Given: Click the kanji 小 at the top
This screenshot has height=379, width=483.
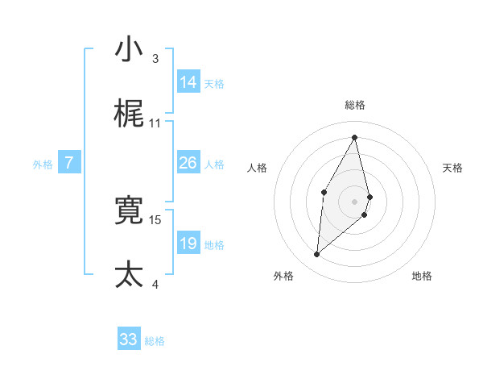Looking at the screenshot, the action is tap(129, 49).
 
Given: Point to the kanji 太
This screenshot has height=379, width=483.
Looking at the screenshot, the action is tap(129, 275).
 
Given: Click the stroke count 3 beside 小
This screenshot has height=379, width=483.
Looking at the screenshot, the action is tap(155, 59).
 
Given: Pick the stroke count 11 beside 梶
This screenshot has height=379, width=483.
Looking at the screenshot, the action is tap(155, 123).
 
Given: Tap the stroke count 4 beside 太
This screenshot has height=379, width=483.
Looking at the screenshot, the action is tap(155, 284).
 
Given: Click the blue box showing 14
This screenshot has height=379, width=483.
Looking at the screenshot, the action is tap(188, 82).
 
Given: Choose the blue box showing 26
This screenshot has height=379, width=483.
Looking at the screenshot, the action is tap(188, 163).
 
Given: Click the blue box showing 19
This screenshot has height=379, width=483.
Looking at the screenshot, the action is tap(188, 244).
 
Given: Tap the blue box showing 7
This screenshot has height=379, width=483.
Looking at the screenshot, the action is tap(69, 163).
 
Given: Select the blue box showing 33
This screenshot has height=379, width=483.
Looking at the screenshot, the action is tap(129, 339).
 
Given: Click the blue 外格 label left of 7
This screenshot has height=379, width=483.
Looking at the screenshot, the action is tap(43, 165).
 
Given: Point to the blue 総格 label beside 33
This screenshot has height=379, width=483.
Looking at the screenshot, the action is tap(155, 341).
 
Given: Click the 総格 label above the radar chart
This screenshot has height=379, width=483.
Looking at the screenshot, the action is tap(355, 105).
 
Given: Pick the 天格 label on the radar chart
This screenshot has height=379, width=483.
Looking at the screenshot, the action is tap(453, 168).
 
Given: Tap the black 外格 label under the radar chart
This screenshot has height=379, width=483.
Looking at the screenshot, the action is tap(283, 276).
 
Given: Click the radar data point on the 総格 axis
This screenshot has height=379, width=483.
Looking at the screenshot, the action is tap(355, 136).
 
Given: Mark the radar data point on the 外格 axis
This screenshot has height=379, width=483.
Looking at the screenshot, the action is tap(316, 255).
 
